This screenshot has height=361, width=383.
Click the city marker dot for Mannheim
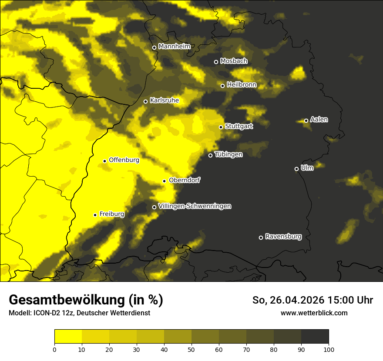pyautogui.click(x=154, y=48)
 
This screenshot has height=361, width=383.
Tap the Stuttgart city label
pyautogui.click(x=239, y=126)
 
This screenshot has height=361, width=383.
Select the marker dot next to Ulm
pyautogui.click(x=296, y=169)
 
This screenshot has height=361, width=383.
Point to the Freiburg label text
pyautogui.click(x=112, y=214)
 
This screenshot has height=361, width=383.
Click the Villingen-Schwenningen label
pyautogui.click(x=195, y=206)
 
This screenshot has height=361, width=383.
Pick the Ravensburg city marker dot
pyautogui.click(x=261, y=237)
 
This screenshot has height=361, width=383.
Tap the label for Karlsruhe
pyautogui.click(x=165, y=100)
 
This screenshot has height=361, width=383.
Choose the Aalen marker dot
pyautogui.click(x=306, y=120)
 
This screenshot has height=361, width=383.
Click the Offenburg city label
pyautogui.click(x=124, y=160)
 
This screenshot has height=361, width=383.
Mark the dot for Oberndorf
pyautogui.click(x=164, y=181)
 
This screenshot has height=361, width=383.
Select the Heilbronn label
pyautogui.click(x=242, y=85)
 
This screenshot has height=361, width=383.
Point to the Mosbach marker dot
pyautogui.click(x=216, y=62)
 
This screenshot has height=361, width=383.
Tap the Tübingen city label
pyautogui.click(x=228, y=154)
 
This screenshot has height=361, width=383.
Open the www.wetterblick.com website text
pyautogui.click(x=314, y=313)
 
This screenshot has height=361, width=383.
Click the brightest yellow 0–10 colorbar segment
pyautogui.click(x=68, y=336)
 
